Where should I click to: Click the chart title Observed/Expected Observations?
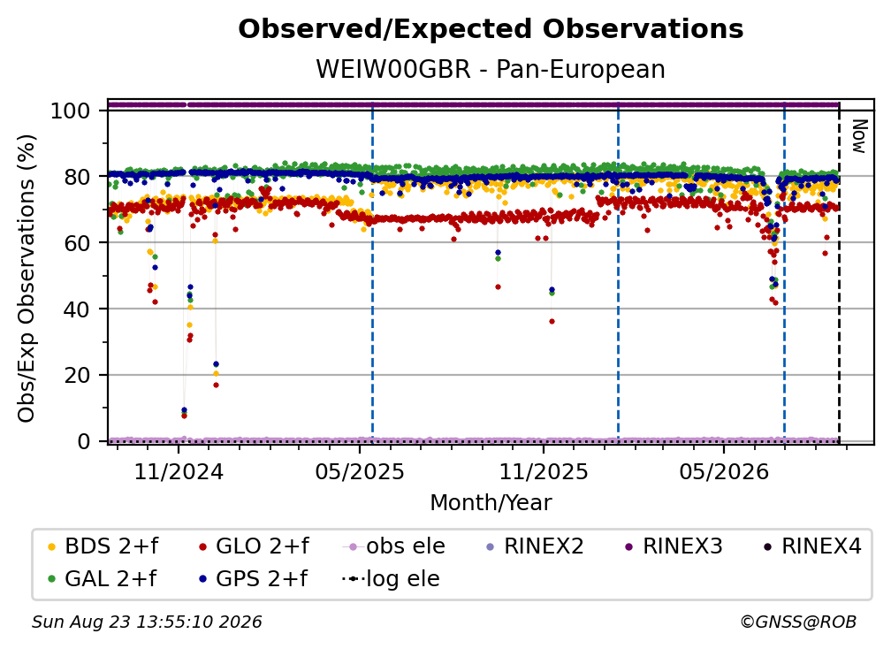click(x=491, y=29)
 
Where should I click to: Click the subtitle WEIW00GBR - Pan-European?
click(x=491, y=69)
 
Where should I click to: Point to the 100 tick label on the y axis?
click(x=71, y=111)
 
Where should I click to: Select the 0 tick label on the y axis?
click(x=84, y=441)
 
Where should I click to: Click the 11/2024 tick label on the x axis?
click(x=179, y=471)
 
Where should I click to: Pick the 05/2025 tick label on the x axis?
click(x=360, y=471)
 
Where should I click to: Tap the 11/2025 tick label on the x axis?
click(x=544, y=471)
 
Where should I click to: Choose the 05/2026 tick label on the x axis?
click(x=724, y=471)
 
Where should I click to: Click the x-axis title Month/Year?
click(x=491, y=502)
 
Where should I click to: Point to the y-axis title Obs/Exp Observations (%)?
click(x=27, y=279)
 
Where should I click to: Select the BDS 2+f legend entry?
click(x=103, y=546)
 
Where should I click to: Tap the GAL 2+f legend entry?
click(x=103, y=578)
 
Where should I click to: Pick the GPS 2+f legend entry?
click(x=253, y=578)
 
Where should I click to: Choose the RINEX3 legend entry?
click(x=674, y=546)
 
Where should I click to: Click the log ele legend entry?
click(x=391, y=578)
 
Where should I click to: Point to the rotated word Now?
click(x=859, y=136)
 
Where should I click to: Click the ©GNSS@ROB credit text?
click(x=798, y=622)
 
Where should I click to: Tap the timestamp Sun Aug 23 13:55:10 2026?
click(x=147, y=622)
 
